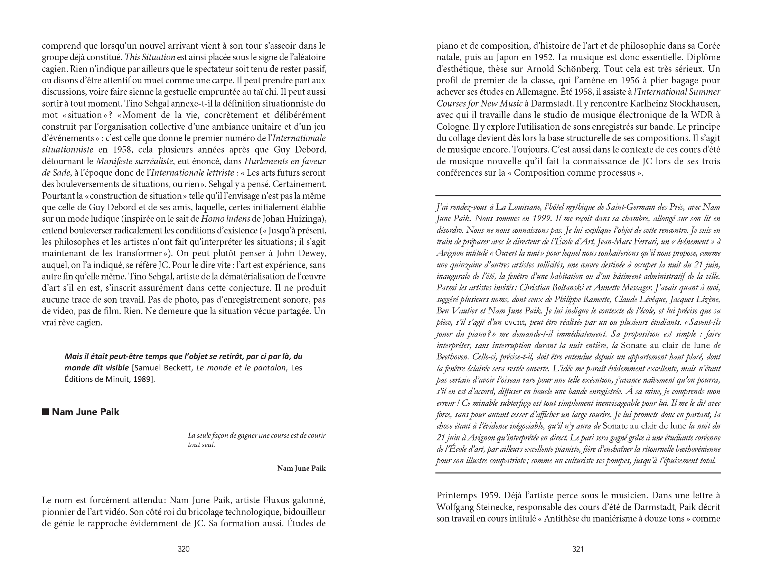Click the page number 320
(183, 549)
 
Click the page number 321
(578, 549)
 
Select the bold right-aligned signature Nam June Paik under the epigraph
(301, 468)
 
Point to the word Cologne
(453, 127)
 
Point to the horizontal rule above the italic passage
(578, 196)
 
